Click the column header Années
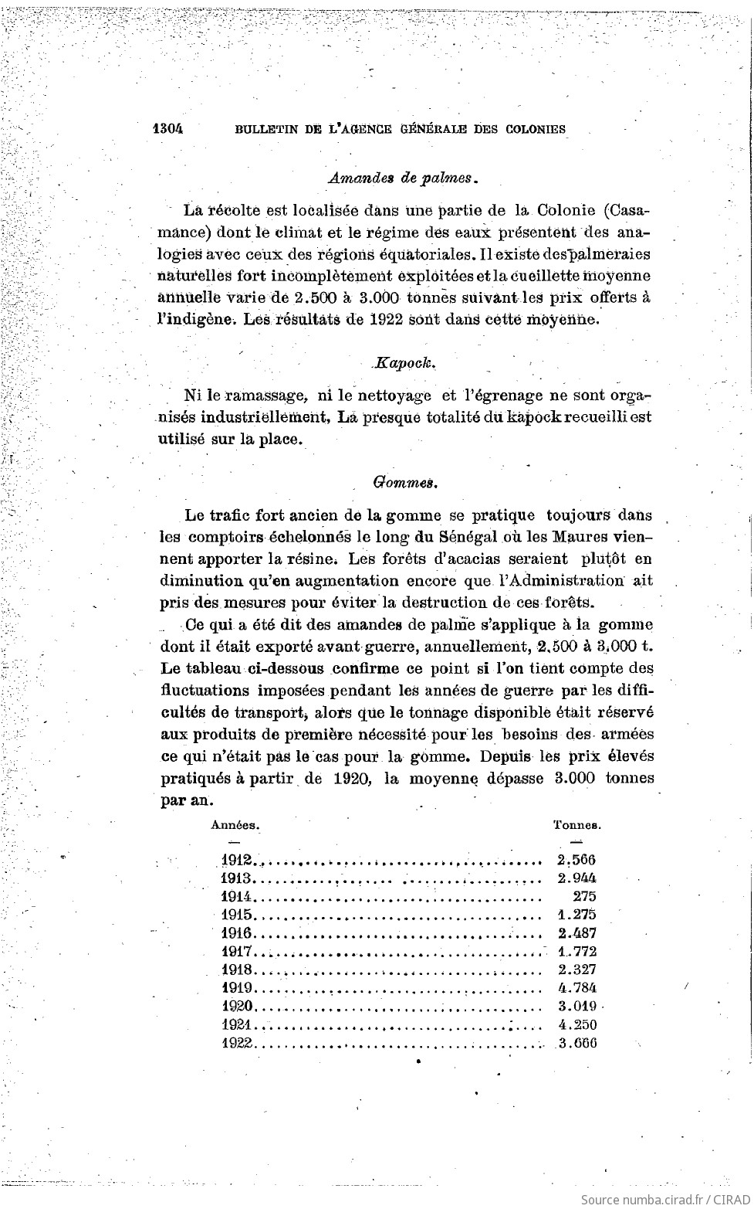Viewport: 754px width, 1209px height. tap(235, 824)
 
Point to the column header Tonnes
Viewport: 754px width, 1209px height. tap(577, 824)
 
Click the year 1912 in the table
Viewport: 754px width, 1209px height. tap(236, 860)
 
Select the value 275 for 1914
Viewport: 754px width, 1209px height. tap(584, 896)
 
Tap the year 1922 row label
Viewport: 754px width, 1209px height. tap(237, 1043)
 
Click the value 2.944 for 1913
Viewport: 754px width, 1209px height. tap(576, 878)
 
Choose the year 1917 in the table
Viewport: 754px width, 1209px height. tap(236, 952)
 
